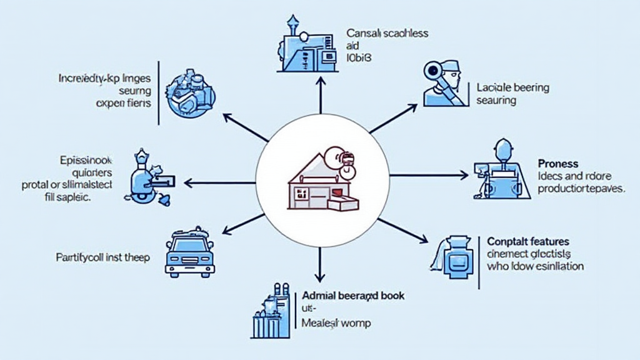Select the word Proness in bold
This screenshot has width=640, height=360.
[x=558, y=163]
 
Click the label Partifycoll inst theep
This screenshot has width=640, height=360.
[x=103, y=256]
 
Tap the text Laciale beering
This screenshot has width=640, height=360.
[x=512, y=87]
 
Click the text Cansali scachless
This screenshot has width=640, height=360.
[x=387, y=33]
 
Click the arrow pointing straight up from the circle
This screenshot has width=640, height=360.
[x=320, y=94]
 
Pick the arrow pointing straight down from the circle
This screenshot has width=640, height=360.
[x=320, y=266]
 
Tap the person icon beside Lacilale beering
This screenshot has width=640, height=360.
[x=442, y=82]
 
